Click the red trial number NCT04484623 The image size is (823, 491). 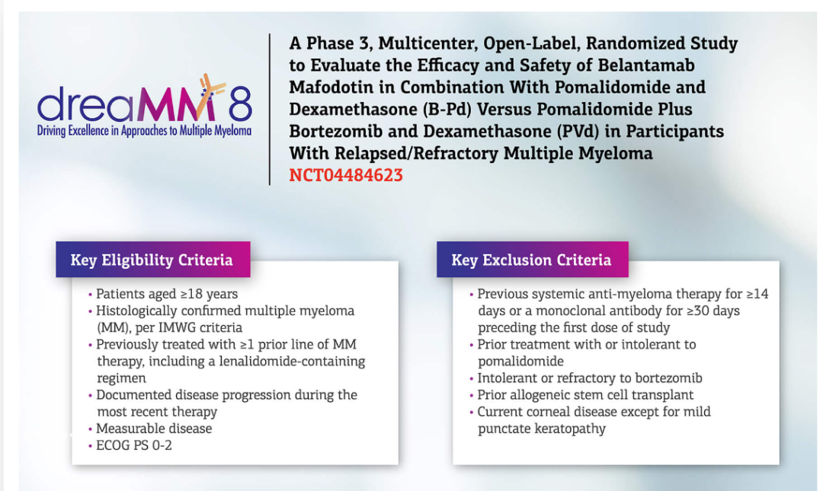coord(346,174)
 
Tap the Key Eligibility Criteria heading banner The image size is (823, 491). coord(152,259)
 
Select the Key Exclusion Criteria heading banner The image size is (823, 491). coord(532,259)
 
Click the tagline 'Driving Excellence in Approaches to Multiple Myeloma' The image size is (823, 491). coord(144,131)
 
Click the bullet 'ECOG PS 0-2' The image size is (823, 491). coord(134,445)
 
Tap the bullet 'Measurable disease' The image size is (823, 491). coord(154,429)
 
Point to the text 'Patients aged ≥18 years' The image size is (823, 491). coord(167,294)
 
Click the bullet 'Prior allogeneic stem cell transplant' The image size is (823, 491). coord(585,394)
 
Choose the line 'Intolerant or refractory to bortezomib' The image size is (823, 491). coord(589,378)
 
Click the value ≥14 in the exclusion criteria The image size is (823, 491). coord(757,294)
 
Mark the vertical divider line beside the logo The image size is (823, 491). coord(270,109)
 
